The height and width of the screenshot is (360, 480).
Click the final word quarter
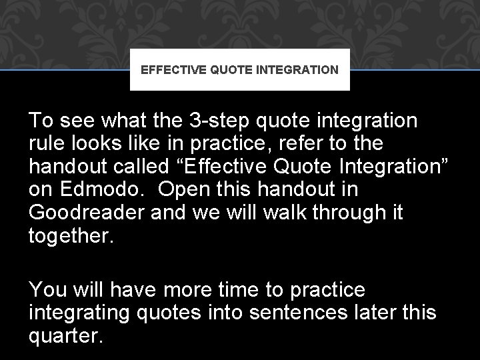point(66,336)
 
